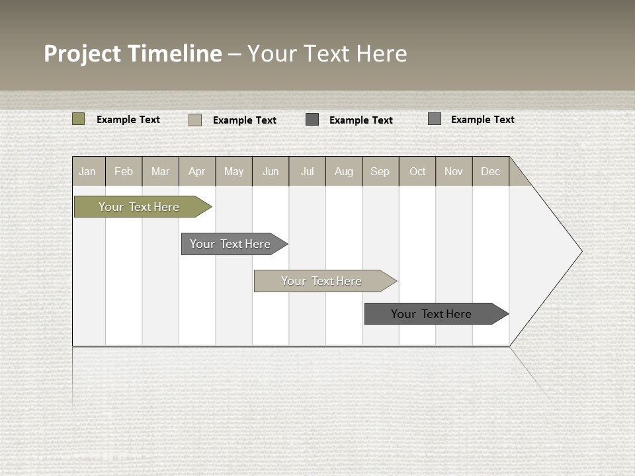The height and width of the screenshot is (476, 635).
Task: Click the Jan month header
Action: click(88, 171)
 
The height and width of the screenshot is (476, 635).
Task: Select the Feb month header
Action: click(124, 171)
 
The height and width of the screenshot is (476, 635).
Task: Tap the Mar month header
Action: click(160, 171)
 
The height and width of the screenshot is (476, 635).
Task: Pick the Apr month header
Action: click(197, 171)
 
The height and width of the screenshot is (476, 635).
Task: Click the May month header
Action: click(233, 171)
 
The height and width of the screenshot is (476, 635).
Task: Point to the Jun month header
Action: click(271, 171)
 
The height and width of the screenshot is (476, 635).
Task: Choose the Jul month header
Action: click(307, 171)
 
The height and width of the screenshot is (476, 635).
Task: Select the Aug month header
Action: click(344, 171)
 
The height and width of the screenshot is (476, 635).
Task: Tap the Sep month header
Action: click(380, 171)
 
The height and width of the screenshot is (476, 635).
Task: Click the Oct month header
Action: click(417, 171)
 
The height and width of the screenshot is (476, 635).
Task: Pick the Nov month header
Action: click(454, 171)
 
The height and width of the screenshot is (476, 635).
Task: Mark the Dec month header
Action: click(491, 171)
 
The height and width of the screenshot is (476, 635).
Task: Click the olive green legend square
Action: click(79, 119)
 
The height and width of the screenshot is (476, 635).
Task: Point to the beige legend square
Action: click(195, 120)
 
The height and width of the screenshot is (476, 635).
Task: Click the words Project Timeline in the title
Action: click(133, 54)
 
